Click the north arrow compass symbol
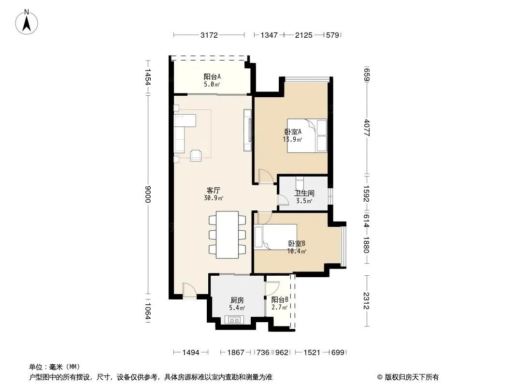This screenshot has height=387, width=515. pyautogui.click(x=27, y=22)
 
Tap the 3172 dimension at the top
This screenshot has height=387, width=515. pyautogui.click(x=209, y=35)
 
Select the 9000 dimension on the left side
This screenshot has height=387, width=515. pyautogui.click(x=148, y=194)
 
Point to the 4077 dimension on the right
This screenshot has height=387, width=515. pyautogui.click(x=367, y=128)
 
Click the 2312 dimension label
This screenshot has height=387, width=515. pyautogui.click(x=367, y=300)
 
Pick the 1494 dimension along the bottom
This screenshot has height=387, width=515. pyautogui.click(x=191, y=353)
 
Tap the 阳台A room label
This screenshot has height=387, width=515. pyautogui.click(x=212, y=76)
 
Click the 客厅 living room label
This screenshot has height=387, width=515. pyautogui.click(x=214, y=190)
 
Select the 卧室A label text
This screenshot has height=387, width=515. pyautogui.click(x=293, y=132)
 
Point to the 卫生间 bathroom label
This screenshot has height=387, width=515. pyautogui.click(x=304, y=193)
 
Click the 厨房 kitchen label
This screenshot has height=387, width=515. pyautogui.click(x=237, y=300)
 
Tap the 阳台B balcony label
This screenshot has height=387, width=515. pyautogui.click(x=280, y=299)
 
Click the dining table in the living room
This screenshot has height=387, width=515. pyautogui.click(x=227, y=235)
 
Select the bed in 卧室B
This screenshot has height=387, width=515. pyautogui.click(x=275, y=237)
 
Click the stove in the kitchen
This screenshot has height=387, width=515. pyautogui.click(x=234, y=320)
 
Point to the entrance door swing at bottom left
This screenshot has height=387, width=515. pyautogui.click(x=190, y=291)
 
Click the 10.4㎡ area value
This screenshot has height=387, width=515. pyautogui.click(x=297, y=252)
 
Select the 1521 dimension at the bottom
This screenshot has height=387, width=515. pyautogui.click(x=312, y=353)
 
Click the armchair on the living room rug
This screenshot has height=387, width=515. pyautogui.click(x=196, y=155)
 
